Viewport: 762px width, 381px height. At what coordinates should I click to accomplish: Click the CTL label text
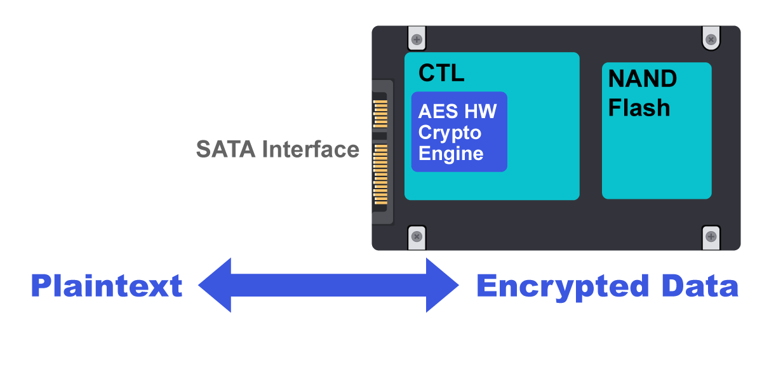click(x=441, y=73)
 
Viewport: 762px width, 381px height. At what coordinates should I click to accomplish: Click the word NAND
click(x=643, y=79)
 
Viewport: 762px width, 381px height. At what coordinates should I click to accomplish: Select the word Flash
click(x=639, y=108)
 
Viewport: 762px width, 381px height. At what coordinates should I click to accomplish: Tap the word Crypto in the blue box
click(x=450, y=133)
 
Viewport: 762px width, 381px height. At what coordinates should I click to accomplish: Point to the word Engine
click(x=451, y=154)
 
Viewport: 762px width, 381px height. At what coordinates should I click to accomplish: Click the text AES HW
click(x=457, y=112)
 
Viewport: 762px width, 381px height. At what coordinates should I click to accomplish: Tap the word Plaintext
click(x=107, y=286)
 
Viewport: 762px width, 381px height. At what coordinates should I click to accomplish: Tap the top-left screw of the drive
click(x=417, y=40)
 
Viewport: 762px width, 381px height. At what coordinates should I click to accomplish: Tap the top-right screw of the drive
click(x=711, y=40)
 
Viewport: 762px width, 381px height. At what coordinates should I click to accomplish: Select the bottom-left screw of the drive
click(x=417, y=236)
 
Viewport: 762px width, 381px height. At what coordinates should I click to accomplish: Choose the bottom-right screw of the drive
click(x=711, y=236)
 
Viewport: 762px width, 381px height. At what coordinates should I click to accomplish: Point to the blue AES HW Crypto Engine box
click(x=459, y=131)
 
